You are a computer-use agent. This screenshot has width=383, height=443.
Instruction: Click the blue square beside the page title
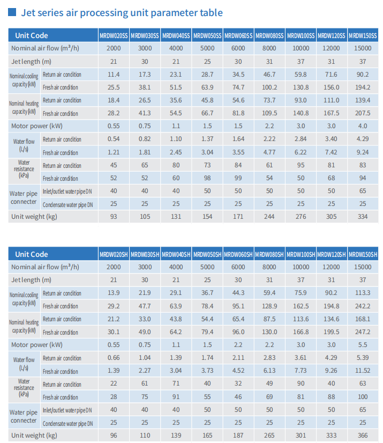pos(12,12)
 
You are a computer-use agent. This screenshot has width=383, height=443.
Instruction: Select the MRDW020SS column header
pos(114,36)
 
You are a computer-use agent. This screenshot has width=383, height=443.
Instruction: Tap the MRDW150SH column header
pos(363,255)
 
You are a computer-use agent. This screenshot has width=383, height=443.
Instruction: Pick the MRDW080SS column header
pos(269,36)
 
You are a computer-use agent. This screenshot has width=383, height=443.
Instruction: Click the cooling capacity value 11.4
pos(114,75)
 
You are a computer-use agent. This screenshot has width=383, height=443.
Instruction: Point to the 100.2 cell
pos(269,87)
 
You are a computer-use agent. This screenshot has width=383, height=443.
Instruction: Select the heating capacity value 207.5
pos(363,113)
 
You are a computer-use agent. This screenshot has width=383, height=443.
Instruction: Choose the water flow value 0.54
pos(114,139)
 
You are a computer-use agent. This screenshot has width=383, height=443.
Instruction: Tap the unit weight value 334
pos(363,217)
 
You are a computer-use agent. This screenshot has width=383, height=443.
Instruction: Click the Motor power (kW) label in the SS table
pos(36,126)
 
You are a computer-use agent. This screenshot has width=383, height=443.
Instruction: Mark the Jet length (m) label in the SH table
pos(31,280)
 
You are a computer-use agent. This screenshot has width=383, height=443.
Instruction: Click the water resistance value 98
pos(207,178)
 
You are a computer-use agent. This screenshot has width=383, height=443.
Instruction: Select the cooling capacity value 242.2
pos(363,306)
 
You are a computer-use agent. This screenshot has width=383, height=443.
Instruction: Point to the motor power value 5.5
pos(363,345)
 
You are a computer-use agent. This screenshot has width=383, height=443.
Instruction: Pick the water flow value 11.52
pos(363,371)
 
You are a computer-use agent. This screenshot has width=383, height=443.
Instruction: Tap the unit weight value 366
pos(363,435)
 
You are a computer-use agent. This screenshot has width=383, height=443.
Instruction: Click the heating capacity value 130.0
pos(269,332)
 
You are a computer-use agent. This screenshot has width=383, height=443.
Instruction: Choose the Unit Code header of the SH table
pos(31,254)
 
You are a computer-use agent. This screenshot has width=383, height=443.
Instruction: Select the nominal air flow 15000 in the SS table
pos(363,48)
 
